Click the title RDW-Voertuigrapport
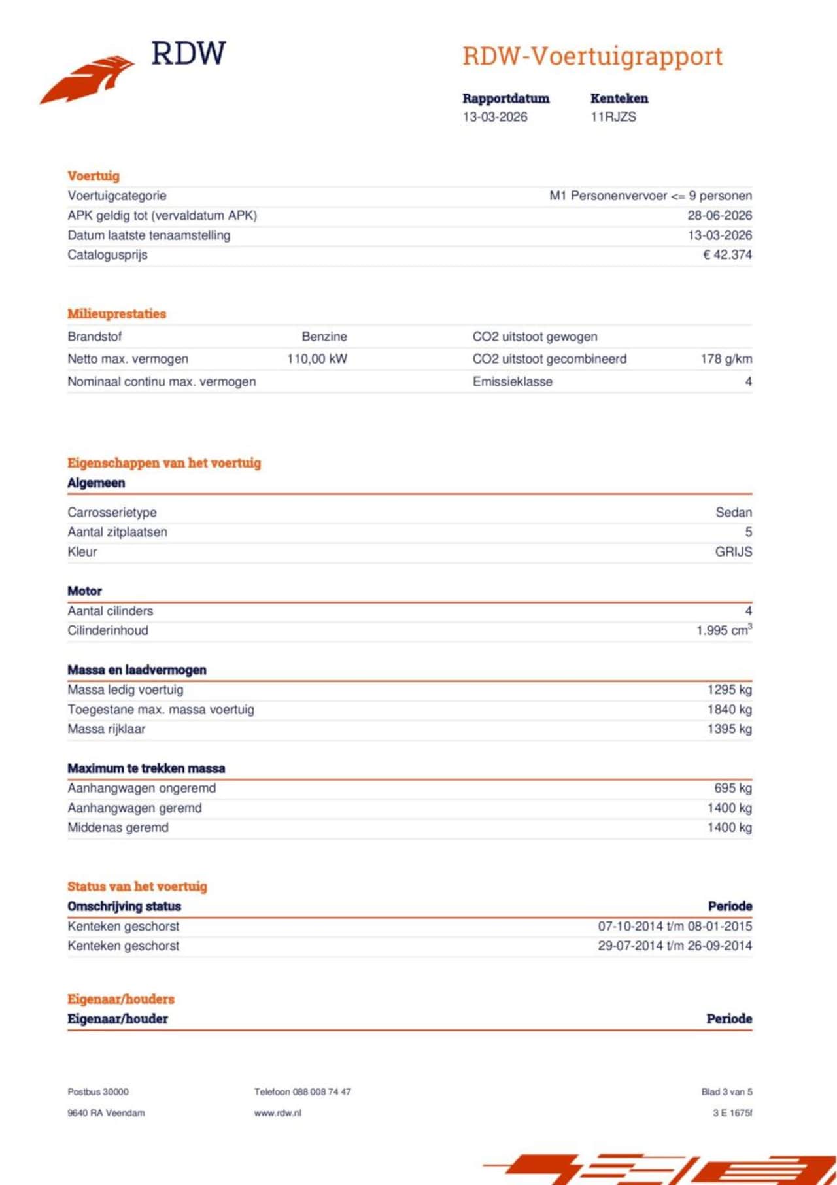pos(592,56)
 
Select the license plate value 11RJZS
pos(613,117)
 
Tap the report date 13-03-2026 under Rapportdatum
pos(494,117)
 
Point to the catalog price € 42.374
pos(727,255)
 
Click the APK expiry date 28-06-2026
pos(719,216)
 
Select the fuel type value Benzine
pos(324,337)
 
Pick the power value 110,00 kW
pos(317,359)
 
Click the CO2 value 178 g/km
pos(726,359)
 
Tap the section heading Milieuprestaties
pos(116,314)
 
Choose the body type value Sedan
pos(734,513)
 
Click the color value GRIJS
pos(733,552)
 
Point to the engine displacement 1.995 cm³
pos(724,630)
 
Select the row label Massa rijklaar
pos(107,729)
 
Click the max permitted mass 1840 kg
pos(729,710)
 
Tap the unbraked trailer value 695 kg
pos(732,789)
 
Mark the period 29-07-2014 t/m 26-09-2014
pos(674,946)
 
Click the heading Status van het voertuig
pos(137,887)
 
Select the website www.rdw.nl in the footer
pos(278,1113)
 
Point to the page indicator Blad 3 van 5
pos(726,1092)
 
